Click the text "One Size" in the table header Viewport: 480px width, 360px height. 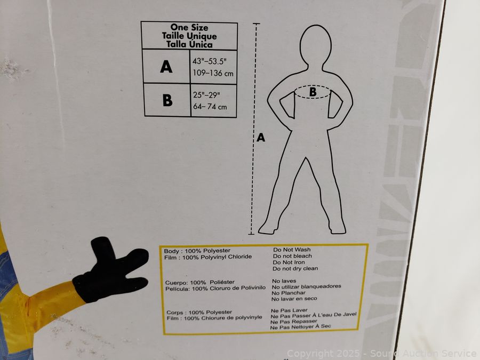click(x=189, y=27)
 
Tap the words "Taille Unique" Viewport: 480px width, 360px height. click(x=189, y=36)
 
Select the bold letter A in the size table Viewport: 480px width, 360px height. click(x=166, y=67)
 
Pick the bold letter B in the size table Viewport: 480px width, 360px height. click(x=167, y=100)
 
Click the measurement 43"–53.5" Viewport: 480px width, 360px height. click(x=210, y=61)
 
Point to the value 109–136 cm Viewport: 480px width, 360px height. click(x=213, y=73)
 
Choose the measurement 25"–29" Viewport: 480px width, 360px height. click(x=206, y=95)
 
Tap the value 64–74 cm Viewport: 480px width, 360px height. click(x=210, y=107)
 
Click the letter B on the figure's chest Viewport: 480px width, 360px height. click(x=313, y=92)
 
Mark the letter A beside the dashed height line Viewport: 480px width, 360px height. click(x=261, y=138)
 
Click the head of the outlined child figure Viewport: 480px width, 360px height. click(x=315, y=45)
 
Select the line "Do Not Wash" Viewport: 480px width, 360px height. click(x=292, y=250)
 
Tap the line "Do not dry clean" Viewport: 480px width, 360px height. click(x=295, y=268)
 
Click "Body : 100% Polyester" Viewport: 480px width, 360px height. click(x=197, y=251)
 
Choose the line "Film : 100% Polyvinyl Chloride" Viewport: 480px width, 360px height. click(x=208, y=257)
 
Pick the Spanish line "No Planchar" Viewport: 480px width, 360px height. click(x=289, y=293)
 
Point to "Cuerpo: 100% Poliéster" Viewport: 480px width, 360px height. click(x=200, y=282)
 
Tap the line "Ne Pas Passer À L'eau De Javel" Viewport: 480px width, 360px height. click(x=314, y=315)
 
